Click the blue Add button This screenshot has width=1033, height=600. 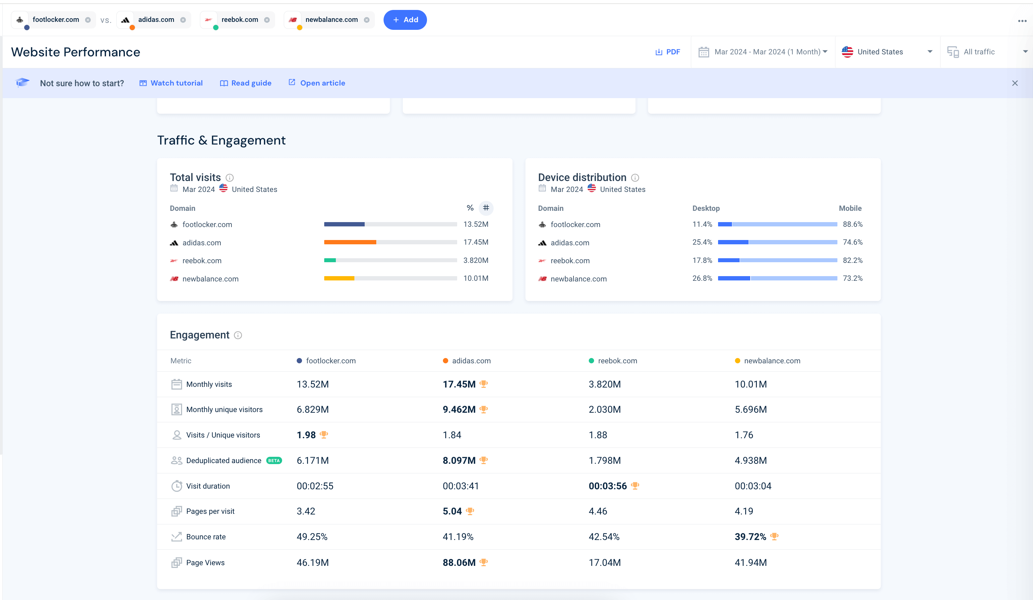pyautogui.click(x=405, y=20)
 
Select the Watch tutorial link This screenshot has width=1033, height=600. pyautogui.click(x=171, y=83)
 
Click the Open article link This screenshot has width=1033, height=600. pyautogui.click(x=317, y=83)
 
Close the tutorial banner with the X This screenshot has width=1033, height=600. pyautogui.click(x=1014, y=83)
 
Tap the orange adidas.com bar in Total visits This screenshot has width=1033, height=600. pyautogui.click(x=350, y=242)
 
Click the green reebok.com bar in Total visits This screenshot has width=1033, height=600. pyautogui.click(x=330, y=260)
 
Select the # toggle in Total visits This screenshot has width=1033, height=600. pyautogui.click(x=486, y=208)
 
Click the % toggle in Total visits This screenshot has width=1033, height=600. pyautogui.click(x=470, y=208)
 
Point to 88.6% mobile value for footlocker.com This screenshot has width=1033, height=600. pyautogui.click(x=852, y=224)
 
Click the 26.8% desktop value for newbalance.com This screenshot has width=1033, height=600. pyautogui.click(x=702, y=278)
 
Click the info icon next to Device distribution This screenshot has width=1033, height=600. pyautogui.click(x=635, y=177)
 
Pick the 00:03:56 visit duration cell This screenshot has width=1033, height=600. pyautogui.click(x=608, y=486)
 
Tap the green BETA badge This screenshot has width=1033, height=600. pyautogui.click(x=274, y=461)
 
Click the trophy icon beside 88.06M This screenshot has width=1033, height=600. pyautogui.click(x=484, y=562)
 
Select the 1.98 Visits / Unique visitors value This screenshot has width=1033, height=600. pyautogui.click(x=306, y=435)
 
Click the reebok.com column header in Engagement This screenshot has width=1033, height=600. pyautogui.click(x=617, y=361)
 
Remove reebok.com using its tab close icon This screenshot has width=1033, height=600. pyautogui.click(x=267, y=20)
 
